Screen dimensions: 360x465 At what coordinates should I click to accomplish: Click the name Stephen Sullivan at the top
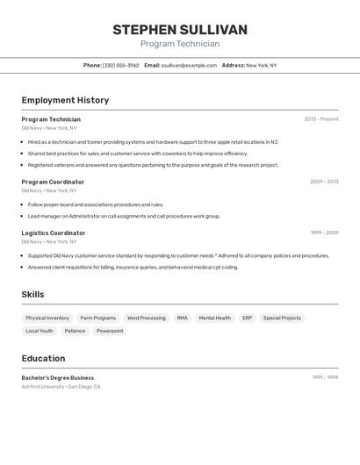click(x=180, y=30)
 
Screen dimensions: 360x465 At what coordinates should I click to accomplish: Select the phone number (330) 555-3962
click(x=120, y=65)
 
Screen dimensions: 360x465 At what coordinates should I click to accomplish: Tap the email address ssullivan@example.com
click(x=189, y=65)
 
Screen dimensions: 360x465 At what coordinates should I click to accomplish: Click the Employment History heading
click(x=65, y=100)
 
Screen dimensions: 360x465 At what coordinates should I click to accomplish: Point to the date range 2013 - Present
click(x=321, y=119)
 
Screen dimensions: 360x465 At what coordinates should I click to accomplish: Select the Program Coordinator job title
click(x=53, y=182)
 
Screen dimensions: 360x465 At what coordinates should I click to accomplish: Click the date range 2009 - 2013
click(x=324, y=182)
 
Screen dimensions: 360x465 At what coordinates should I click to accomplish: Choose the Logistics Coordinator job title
click(x=54, y=232)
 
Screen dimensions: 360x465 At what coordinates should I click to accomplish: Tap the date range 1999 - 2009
click(x=324, y=232)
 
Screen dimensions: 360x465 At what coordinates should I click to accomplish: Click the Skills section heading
click(x=32, y=295)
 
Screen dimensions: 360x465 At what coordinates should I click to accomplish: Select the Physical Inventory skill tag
click(x=47, y=318)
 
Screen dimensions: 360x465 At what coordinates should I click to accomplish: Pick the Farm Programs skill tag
click(x=98, y=318)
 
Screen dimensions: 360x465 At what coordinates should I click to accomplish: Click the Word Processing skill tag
click(x=146, y=318)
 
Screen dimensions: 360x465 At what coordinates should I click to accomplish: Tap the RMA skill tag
click(x=182, y=318)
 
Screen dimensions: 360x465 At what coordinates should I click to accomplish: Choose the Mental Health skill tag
click(x=214, y=318)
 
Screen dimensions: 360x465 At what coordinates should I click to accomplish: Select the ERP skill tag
click(x=247, y=318)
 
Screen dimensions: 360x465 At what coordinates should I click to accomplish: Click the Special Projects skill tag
click(x=282, y=318)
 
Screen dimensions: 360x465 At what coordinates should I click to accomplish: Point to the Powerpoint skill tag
click(x=110, y=331)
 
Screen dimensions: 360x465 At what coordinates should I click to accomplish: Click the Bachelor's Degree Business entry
click(x=58, y=377)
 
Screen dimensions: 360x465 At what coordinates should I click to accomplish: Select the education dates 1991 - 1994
click(x=325, y=377)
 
